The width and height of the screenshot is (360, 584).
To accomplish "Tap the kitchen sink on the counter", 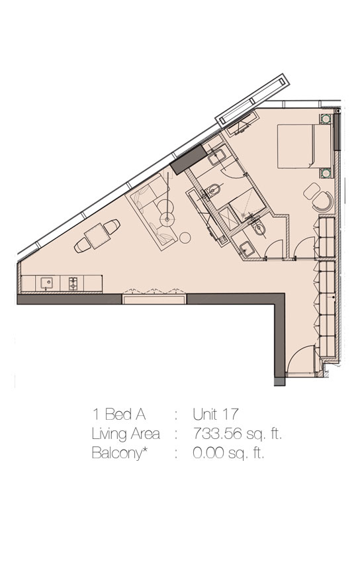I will [46, 283].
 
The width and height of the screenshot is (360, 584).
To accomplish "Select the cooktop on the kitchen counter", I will [73, 283].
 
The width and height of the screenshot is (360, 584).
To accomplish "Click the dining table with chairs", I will [97, 236].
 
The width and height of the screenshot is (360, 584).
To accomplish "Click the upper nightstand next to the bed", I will [326, 120].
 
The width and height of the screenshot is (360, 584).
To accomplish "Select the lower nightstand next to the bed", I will [326, 174].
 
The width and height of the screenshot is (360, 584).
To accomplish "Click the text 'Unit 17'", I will [215, 414].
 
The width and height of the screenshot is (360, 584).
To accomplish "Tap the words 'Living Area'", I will [125, 434].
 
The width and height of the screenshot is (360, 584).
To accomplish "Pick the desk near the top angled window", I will [244, 123].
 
